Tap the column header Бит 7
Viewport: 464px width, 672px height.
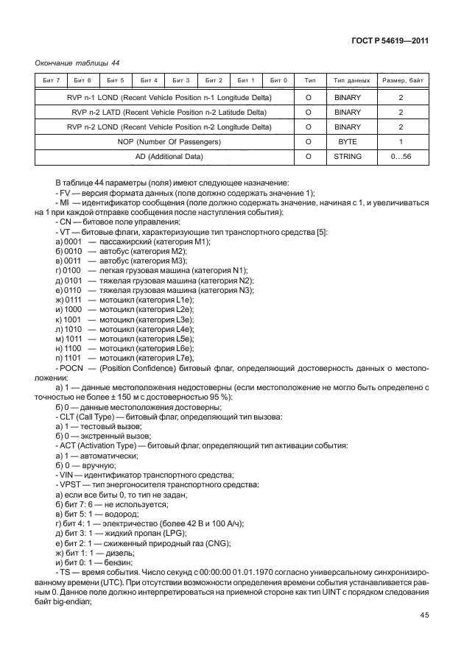point(50,79)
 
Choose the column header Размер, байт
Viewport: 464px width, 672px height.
point(401,79)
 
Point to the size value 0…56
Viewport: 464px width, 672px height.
point(401,156)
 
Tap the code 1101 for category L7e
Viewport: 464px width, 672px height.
point(74,357)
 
